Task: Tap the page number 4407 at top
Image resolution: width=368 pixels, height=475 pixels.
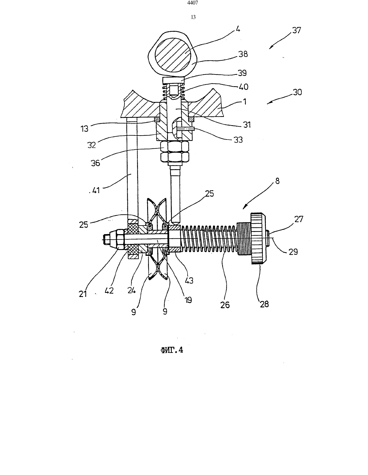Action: pos(193,3)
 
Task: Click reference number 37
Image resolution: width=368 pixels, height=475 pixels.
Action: pos(297,31)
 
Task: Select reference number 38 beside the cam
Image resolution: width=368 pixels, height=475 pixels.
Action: pos(243,54)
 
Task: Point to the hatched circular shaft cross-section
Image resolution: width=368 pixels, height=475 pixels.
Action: pos(173,54)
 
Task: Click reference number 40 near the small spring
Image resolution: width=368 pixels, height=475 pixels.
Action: pos(243,87)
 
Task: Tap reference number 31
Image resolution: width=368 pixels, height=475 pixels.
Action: pos(247,125)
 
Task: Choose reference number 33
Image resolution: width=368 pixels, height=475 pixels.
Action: pos(238,140)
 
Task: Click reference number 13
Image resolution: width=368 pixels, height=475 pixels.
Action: pos(84,129)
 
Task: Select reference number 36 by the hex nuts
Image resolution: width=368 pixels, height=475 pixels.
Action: pos(95,163)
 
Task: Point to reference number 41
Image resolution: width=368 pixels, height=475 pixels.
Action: pos(95,190)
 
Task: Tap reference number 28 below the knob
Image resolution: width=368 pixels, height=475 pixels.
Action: pos(264,304)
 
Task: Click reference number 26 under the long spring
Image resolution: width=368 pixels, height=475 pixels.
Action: pos(225,305)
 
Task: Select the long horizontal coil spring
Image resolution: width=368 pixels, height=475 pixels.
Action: pos(209,238)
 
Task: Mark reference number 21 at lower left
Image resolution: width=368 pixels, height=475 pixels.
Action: pos(83,294)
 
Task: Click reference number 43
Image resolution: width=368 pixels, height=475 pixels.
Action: pos(189,281)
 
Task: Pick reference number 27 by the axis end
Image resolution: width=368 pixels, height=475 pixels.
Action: pos(299,219)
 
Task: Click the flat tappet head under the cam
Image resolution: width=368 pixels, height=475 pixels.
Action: pos(173,81)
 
